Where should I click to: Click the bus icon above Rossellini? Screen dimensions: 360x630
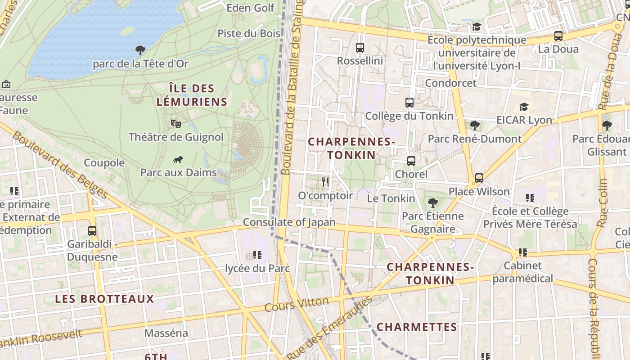tap(360, 47)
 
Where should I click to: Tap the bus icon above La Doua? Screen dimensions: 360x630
tap(558, 36)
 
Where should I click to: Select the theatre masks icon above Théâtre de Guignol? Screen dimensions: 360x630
tap(176, 123)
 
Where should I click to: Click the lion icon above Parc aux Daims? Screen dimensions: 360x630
tap(178, 159)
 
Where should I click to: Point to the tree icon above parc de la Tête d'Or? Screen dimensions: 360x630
tap(140, 50)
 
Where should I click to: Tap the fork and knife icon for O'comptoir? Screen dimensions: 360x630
tap(325, 182)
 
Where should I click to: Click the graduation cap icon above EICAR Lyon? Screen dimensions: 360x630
tap(524, 107)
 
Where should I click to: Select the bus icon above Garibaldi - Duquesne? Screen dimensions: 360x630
tap(92, 230)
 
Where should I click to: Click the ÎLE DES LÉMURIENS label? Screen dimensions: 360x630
tap(192, 95)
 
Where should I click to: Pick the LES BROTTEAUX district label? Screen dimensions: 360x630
tap(104, 299)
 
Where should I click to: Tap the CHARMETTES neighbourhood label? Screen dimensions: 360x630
tap(417, 327)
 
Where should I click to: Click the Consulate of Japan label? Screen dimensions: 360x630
tap(289, 222)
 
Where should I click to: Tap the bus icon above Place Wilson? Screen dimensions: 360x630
tap(479, 178)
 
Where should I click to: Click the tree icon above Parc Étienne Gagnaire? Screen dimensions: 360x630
tap(432, 202)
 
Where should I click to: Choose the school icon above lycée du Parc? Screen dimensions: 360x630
tap(257, 255)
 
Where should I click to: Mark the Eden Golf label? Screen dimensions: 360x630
tap(250, 8)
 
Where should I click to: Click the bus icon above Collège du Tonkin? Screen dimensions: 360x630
tap(409, 103)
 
